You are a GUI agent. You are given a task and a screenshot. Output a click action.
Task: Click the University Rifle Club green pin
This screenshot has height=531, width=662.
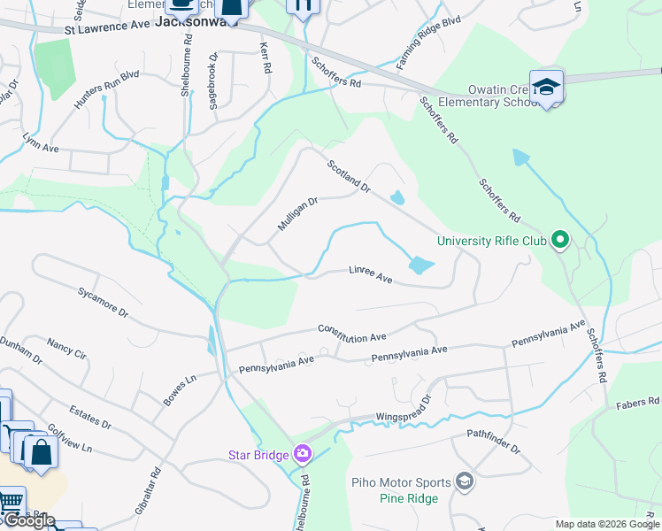[x=559, y=240]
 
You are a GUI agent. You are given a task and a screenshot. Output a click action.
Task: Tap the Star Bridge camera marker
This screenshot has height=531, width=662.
[x=304, y=454]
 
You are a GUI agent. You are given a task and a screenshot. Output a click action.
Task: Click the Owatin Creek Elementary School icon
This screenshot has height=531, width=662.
[x=546, y=88]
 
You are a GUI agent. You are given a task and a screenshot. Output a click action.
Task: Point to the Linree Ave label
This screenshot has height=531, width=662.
[x=370, y=273]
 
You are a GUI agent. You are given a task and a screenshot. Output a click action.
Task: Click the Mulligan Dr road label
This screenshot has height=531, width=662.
[x=297, y=214]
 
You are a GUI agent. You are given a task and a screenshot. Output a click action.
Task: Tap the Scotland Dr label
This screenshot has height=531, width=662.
[x=348, y=177]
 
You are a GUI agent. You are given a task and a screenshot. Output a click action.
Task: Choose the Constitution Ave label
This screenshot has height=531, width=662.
[x=353, y=332]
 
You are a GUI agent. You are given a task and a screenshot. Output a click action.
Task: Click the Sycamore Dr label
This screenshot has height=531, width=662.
[x=103, y=302]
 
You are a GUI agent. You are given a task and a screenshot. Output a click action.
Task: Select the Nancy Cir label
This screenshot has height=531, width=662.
[x=67, y=347]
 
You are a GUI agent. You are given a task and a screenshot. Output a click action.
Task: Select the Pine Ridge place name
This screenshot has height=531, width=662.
[x=409, y=499]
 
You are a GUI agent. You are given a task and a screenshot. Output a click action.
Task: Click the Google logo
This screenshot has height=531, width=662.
[x=28, y=520]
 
